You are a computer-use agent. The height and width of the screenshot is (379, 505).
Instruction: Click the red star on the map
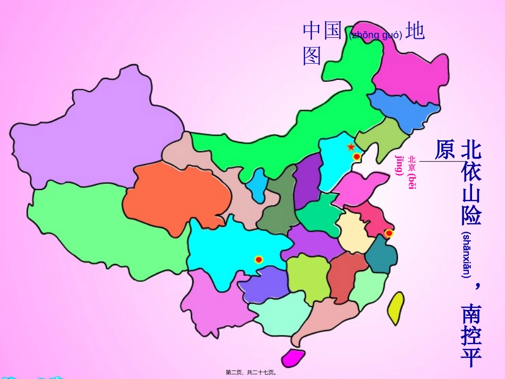[x=351, y=147]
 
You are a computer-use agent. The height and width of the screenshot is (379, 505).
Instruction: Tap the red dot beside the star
[x=357, y=156]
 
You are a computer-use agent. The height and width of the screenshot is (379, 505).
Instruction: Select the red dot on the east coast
[x=389, y=233]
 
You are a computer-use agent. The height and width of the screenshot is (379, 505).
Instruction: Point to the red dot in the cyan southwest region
[x=259, y=259]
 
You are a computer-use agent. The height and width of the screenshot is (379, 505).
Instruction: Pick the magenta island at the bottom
[x=293, y=357]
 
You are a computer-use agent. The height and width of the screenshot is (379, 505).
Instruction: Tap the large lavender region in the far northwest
[x=101, y=133]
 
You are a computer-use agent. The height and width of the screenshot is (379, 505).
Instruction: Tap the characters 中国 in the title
[x=322, y=31]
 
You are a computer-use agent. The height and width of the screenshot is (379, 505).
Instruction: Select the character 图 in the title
[x=313, y=55]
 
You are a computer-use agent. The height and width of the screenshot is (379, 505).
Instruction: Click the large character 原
[x=444, y=150]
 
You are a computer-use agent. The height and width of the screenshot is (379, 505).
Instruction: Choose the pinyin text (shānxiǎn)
[x=466, y=255]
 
